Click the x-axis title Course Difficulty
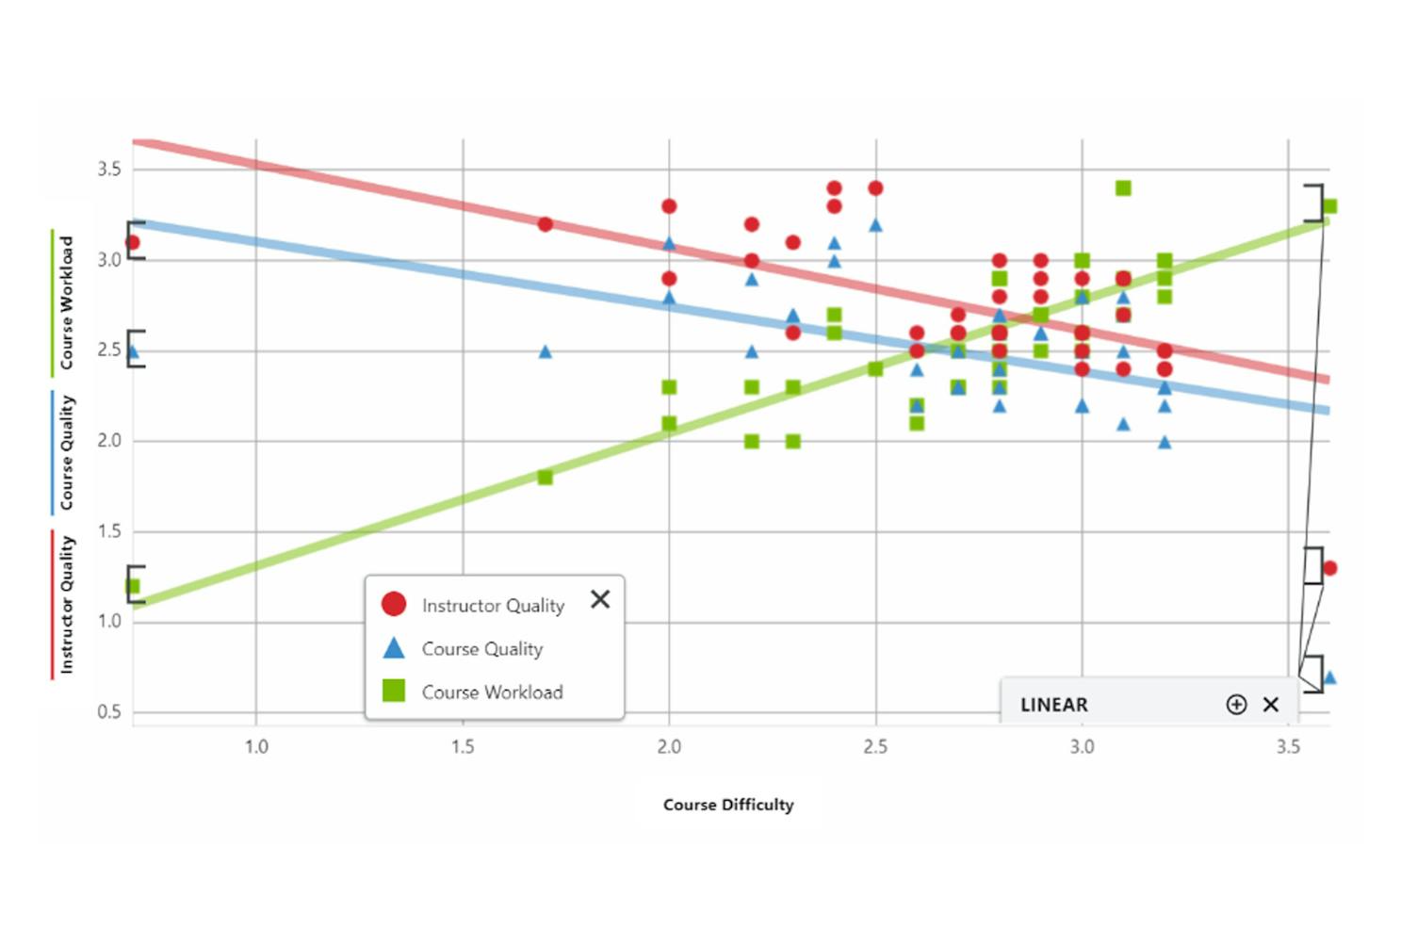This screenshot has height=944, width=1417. click(728, 805)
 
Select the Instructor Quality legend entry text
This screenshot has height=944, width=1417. click(493, 606)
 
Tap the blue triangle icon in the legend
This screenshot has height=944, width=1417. click(394, 648)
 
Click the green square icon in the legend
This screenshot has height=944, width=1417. click(394, 692)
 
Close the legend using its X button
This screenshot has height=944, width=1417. click(600, 599)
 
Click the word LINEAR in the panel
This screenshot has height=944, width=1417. click(1053, 705)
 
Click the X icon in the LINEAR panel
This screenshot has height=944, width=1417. click(1271, 705)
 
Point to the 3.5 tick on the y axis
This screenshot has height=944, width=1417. click(109, 170)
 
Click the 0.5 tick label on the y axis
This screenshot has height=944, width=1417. click(109, 712)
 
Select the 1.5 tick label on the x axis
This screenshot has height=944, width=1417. click(463, 747)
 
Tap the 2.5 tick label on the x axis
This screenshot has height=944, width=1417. click(875, 747)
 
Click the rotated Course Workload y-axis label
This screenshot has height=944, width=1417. click(66, 302)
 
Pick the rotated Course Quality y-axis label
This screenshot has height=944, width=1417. click(66, 453)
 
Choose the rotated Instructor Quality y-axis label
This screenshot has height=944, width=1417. click(66, 605)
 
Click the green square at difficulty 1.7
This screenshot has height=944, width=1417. click(545, 478)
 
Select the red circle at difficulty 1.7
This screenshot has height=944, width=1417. click(545, 224)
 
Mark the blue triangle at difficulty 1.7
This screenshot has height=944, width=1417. click(545, 351)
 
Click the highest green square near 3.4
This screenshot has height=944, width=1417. click(1123, 188)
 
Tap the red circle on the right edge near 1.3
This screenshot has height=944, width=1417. click(1329, 568)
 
